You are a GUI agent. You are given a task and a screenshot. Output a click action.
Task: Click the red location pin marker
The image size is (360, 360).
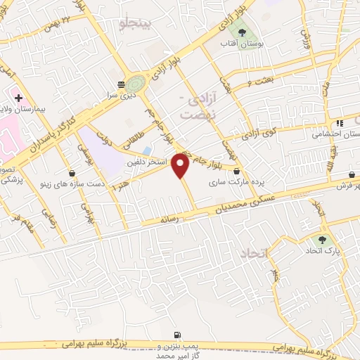click(181, 166)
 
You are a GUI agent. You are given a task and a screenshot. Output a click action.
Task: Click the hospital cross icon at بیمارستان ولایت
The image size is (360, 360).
click(18, 96)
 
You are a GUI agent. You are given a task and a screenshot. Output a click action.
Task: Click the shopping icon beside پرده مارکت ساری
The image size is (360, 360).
click(236, 170)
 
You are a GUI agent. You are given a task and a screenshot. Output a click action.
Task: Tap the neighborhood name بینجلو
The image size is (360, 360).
click(136, 25)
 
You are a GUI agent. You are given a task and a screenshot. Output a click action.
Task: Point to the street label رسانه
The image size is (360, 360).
click(172, 219)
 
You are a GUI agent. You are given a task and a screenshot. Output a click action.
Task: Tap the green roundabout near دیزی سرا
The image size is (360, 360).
click(136, 82)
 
